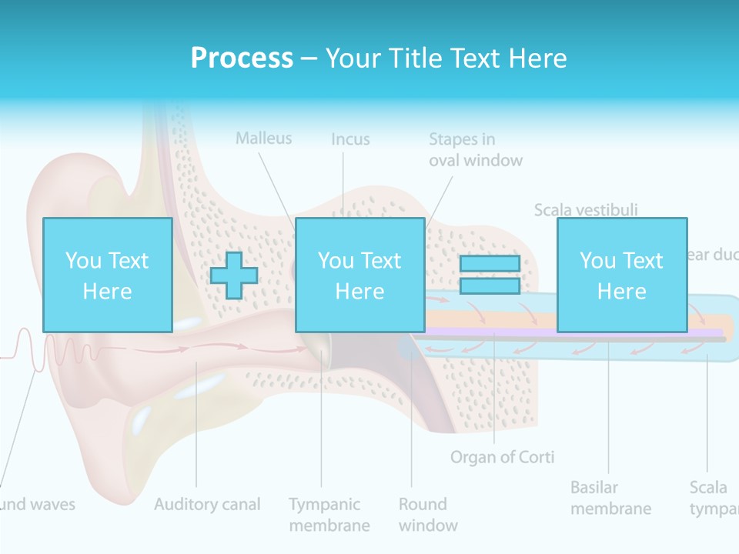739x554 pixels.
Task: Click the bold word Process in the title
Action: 242,58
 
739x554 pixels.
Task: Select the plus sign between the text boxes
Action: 234,275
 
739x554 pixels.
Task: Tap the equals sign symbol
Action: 490,275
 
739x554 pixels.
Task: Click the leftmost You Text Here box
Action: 107,275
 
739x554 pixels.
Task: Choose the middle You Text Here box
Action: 359,275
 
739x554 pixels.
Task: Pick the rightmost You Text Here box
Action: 621,275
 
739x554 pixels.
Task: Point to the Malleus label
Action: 264,138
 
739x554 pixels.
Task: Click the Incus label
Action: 350,139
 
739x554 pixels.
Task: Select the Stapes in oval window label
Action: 475,149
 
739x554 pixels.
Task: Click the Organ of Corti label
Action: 502,457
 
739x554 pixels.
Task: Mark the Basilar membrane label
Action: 610,498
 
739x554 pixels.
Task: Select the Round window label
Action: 427,515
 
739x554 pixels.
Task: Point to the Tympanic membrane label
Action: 329,515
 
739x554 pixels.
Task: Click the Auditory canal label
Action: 207,505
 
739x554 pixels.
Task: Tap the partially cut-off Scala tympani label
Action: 712,498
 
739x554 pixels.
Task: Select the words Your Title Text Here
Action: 446,58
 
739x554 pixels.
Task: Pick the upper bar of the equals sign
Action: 490,263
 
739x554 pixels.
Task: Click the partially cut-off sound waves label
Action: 37,505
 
